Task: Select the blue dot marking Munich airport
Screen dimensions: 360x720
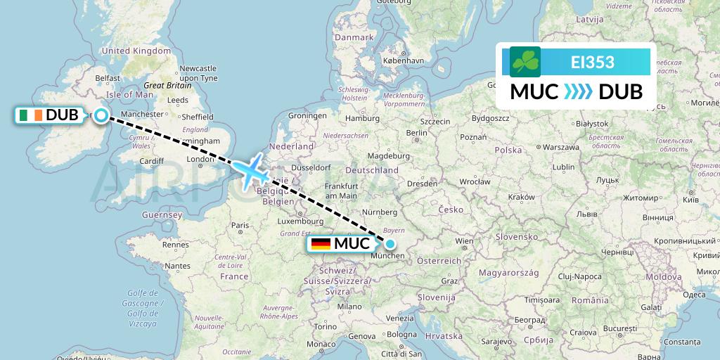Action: click(390, 244)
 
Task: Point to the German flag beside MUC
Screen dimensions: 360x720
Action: click(321, 244)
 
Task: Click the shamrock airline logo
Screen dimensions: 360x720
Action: click(525, 62)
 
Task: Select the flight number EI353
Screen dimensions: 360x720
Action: click(592, 62)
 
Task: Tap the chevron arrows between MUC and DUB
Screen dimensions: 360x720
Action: click(578, 91)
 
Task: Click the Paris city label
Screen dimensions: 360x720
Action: click(241, 225)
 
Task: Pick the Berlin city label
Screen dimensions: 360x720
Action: click(417, 132)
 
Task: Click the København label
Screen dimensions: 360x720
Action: click(403, 60)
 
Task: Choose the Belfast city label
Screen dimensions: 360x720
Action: click(108, 78)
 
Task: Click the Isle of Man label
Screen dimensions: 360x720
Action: click(129, 94)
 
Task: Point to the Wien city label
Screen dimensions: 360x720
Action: click(465, 241)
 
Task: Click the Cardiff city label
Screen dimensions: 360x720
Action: click(151, 160)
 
